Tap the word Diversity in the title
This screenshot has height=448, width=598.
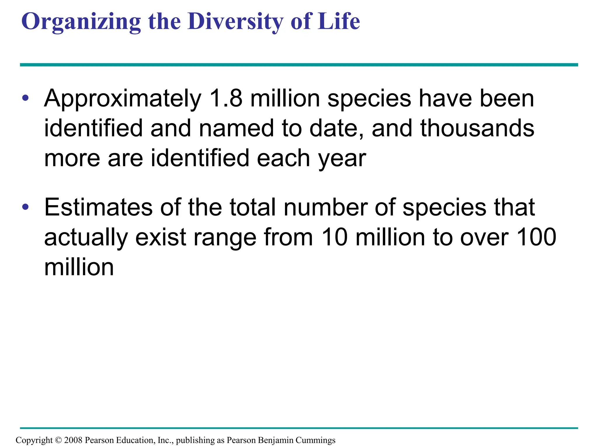pyautogui.click(x=235, y=22)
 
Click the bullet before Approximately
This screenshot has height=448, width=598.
pyautogui.click(x=25, y=98)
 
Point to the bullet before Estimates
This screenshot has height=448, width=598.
pyautogui.click(x=25, y=207)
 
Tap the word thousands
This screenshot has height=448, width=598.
pyautogui.click(x=477, y=128)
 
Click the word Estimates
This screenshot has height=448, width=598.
pyautogui.click(x=98, y=207)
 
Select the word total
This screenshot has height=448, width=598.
pyautogui.click(x=252, y=207)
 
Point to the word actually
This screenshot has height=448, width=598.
pyautogui.click(x=86, y=238)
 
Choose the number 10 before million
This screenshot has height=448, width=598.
pyautogui.click(x=334, y=237)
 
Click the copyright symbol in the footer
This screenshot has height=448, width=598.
pyautogui.click(x=58, y=440)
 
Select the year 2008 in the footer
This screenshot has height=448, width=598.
pyautogui.click(x=73, y=440)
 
